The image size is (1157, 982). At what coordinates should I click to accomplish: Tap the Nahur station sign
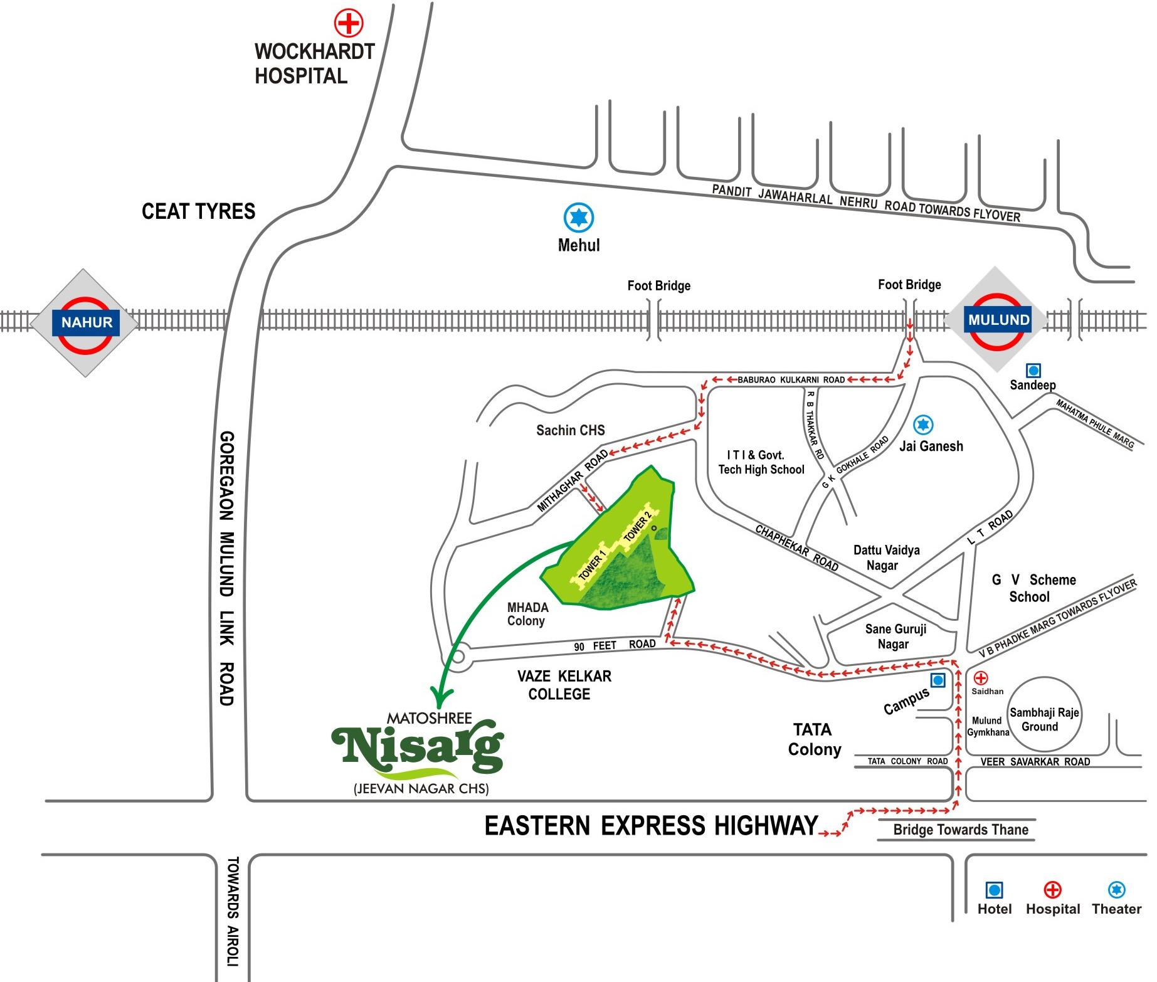coord(87,323)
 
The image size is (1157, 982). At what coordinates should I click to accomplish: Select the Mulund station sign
coord(998,320)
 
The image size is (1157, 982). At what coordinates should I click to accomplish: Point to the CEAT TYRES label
coord(198,211)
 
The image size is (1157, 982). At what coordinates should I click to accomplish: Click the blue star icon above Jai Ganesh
coord(922,425)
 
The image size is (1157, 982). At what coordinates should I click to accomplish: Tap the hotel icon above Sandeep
coord(1033,371)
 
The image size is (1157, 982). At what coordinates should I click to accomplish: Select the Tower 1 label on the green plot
coord(592,564)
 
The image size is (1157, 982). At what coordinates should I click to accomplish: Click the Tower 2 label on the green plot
coord(638,525)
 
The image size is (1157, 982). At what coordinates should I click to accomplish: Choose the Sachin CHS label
coord(570,430)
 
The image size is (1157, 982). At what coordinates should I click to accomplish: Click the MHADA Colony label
coord(527,614)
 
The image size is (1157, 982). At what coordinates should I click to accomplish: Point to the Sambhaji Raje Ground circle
coord(1044,714)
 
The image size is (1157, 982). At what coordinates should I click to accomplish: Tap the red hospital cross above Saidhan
coord(980,678)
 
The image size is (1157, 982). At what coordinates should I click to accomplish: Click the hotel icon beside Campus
coord(938,680)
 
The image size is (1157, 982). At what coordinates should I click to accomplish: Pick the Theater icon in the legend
coord(1116,889)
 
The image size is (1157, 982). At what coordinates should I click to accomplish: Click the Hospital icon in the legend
coord(1052,889)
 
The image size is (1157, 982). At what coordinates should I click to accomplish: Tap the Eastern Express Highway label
coord(651,825)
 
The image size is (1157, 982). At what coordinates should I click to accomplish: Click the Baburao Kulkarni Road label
coord(791,379)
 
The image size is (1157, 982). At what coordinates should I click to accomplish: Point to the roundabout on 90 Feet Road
coord(457,657)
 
